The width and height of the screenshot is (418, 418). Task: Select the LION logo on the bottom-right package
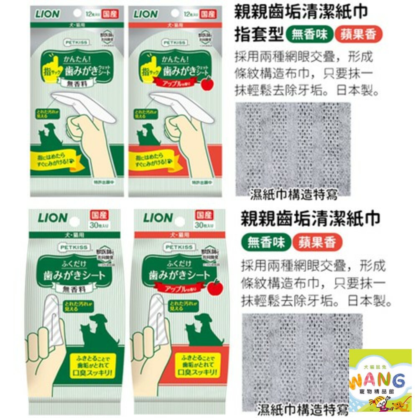(158, 218)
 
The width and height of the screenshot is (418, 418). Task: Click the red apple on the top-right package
(207, 84)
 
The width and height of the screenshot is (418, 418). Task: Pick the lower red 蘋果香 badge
(317, 242)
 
